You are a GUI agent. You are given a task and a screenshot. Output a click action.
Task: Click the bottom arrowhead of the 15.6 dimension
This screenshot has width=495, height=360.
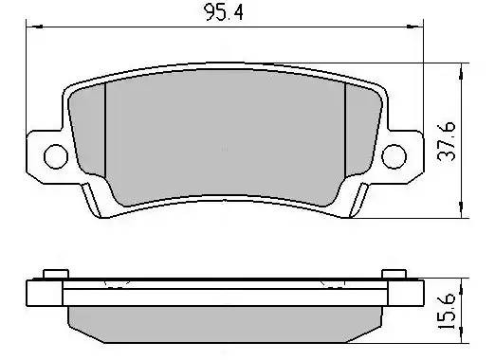463,338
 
